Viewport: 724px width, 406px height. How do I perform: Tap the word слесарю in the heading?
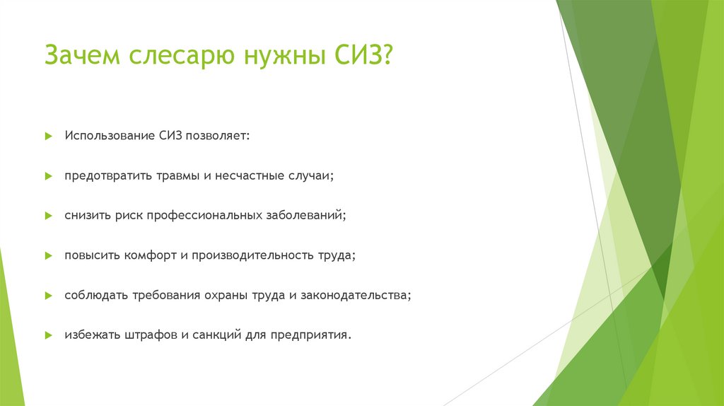tap(177, 56)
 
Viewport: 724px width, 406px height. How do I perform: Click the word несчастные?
tap(249, 175)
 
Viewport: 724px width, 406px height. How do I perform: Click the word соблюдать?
tap(95, 295)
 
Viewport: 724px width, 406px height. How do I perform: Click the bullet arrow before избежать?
tap(48, 335)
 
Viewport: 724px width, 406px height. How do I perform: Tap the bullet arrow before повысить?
tap(48, 255)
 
